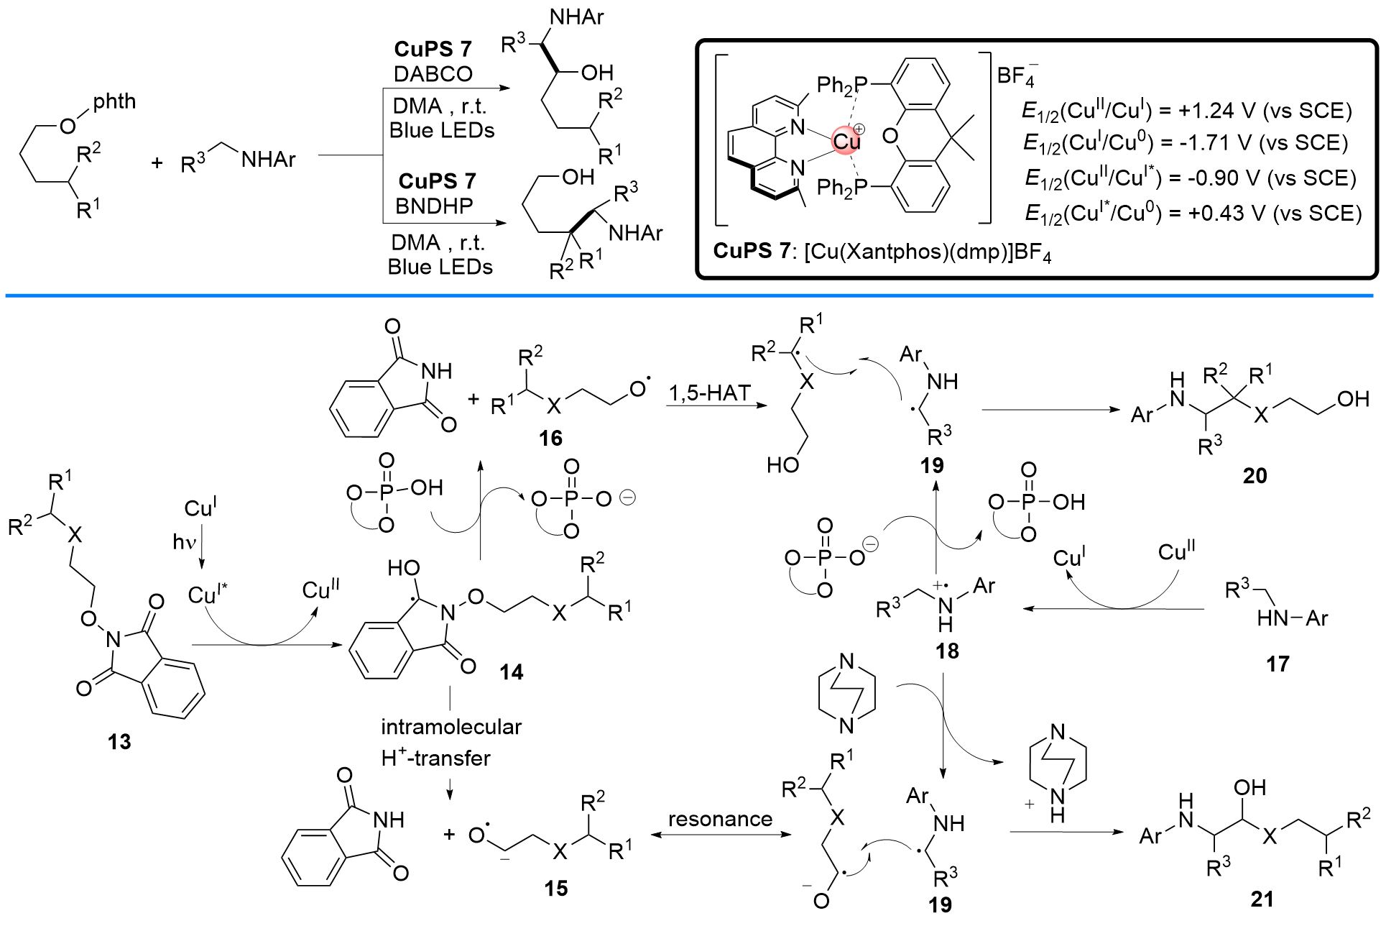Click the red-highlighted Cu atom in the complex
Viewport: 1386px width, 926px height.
click(847, 141)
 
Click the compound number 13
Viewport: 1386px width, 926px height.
click(119, 741)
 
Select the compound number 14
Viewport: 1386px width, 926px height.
click(512, 672)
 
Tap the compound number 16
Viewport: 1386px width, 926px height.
click(550, 438)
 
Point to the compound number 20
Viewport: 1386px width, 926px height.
click(1255, 475)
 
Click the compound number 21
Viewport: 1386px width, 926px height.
click(1262, 899)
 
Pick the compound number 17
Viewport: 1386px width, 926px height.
click(1277, 664)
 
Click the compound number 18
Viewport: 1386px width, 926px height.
click(947, 651)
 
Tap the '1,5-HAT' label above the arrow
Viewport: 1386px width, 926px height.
click(710, 393)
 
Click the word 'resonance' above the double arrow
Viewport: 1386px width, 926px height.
click(720, 819)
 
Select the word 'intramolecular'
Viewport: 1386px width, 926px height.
click(451, 727)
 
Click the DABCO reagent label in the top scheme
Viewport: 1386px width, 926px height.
click(433, 73)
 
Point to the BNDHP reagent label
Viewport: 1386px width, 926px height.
click(434, 206)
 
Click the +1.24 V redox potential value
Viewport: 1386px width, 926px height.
click(1219, 111)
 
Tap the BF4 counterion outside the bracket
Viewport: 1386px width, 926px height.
click(1016, 76)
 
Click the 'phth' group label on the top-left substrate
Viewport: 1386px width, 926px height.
click(114, 101)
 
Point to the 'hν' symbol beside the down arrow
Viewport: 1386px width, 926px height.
click(184, 541)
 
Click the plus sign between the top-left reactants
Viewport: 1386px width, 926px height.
click(157, 163)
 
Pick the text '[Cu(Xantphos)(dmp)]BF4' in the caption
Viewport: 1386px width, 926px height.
click(928, 252)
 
